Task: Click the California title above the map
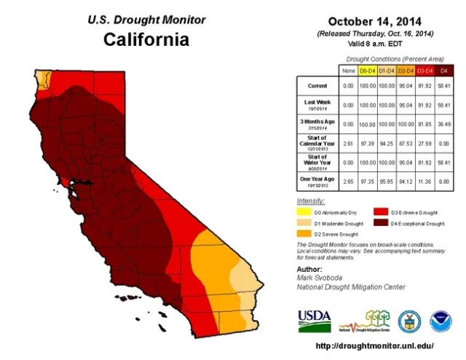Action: click(x=146, y=39)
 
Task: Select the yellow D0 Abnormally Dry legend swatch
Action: click(x=305, y=212)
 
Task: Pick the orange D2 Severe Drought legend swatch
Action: click(x=305, y=235)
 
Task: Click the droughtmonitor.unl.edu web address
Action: click(x=375, y=345)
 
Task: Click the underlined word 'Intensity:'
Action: click(x=310, y=200)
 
